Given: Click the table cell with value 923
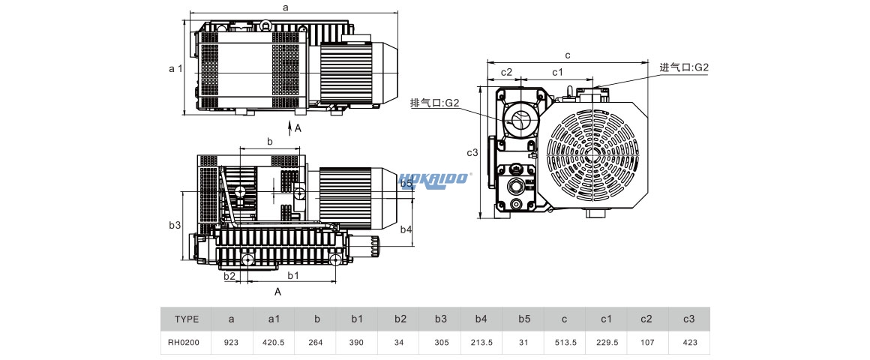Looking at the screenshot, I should point(231,343).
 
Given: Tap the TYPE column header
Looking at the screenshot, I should point(187,319).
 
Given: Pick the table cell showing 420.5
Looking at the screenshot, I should point(274,343).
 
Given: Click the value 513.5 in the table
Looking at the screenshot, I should point(564,343).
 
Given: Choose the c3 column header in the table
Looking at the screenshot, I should point(688,319).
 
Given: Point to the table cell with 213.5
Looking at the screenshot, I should point(481,343).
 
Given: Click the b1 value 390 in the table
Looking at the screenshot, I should point(357,343).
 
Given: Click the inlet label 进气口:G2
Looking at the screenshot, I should point(683,67).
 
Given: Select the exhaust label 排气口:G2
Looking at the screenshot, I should point(434,103).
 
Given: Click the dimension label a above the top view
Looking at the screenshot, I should point(286,7).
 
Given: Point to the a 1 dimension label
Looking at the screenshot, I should point(175,68).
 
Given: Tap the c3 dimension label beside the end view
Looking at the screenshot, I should point(472,153).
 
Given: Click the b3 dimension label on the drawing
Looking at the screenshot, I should point(174,225).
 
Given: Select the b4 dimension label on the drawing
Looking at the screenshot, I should point(406,229).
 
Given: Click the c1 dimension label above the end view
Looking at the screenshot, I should point(557,72).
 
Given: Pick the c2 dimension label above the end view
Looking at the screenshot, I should point(506,72).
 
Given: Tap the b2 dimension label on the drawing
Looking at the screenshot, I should point(230,276).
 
